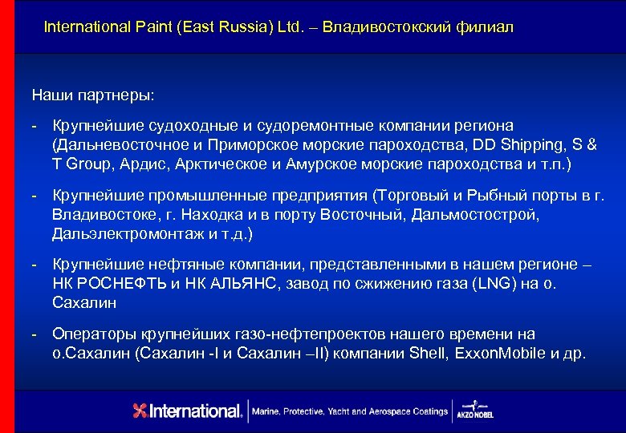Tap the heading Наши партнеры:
pos(95,95)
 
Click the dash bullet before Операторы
pos(35,334)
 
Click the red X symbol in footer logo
pos(140,411)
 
